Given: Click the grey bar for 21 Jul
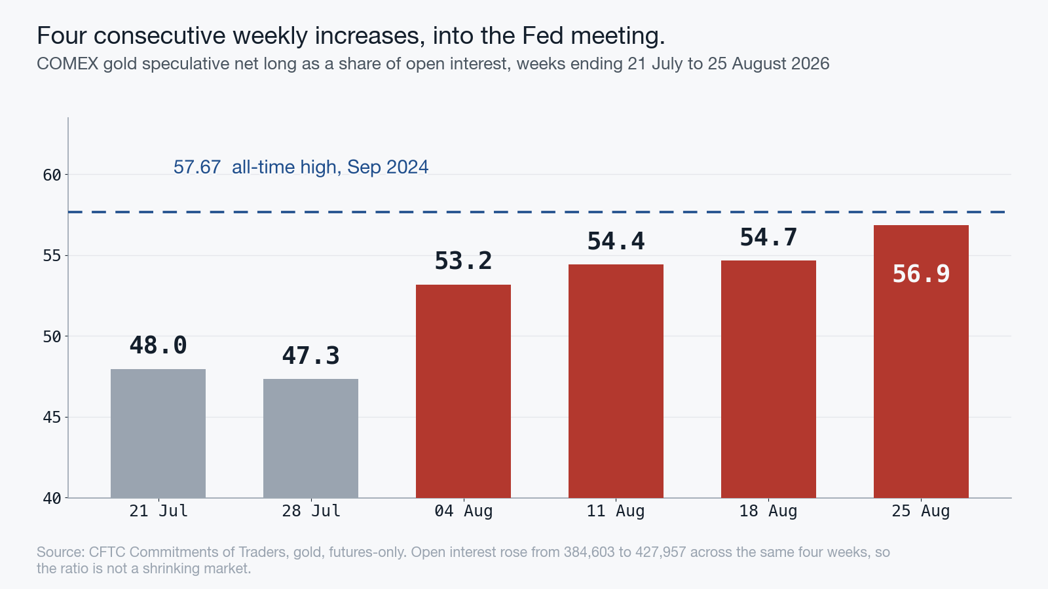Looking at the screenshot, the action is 158,433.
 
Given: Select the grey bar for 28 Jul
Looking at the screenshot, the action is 310,438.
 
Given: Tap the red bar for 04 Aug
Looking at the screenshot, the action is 463,391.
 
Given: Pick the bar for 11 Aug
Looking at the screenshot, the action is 616,381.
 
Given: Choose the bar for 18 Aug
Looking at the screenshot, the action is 768,379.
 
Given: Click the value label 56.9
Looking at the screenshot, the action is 921,274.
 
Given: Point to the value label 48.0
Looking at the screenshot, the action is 158,346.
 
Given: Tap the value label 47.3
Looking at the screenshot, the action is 310,356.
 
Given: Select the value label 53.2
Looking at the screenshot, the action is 463,261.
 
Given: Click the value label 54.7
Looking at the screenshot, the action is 768,238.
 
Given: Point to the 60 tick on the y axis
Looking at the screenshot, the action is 52,175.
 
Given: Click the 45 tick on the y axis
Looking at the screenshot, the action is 52,418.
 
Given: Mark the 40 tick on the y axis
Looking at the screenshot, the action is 52,499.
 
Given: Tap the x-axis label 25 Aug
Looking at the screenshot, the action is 921,511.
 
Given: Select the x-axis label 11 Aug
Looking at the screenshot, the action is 616,511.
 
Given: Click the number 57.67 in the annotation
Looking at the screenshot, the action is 197,167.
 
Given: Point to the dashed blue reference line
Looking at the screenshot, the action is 536,212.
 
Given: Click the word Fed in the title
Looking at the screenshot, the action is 543,35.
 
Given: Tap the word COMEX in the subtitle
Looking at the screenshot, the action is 68,63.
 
